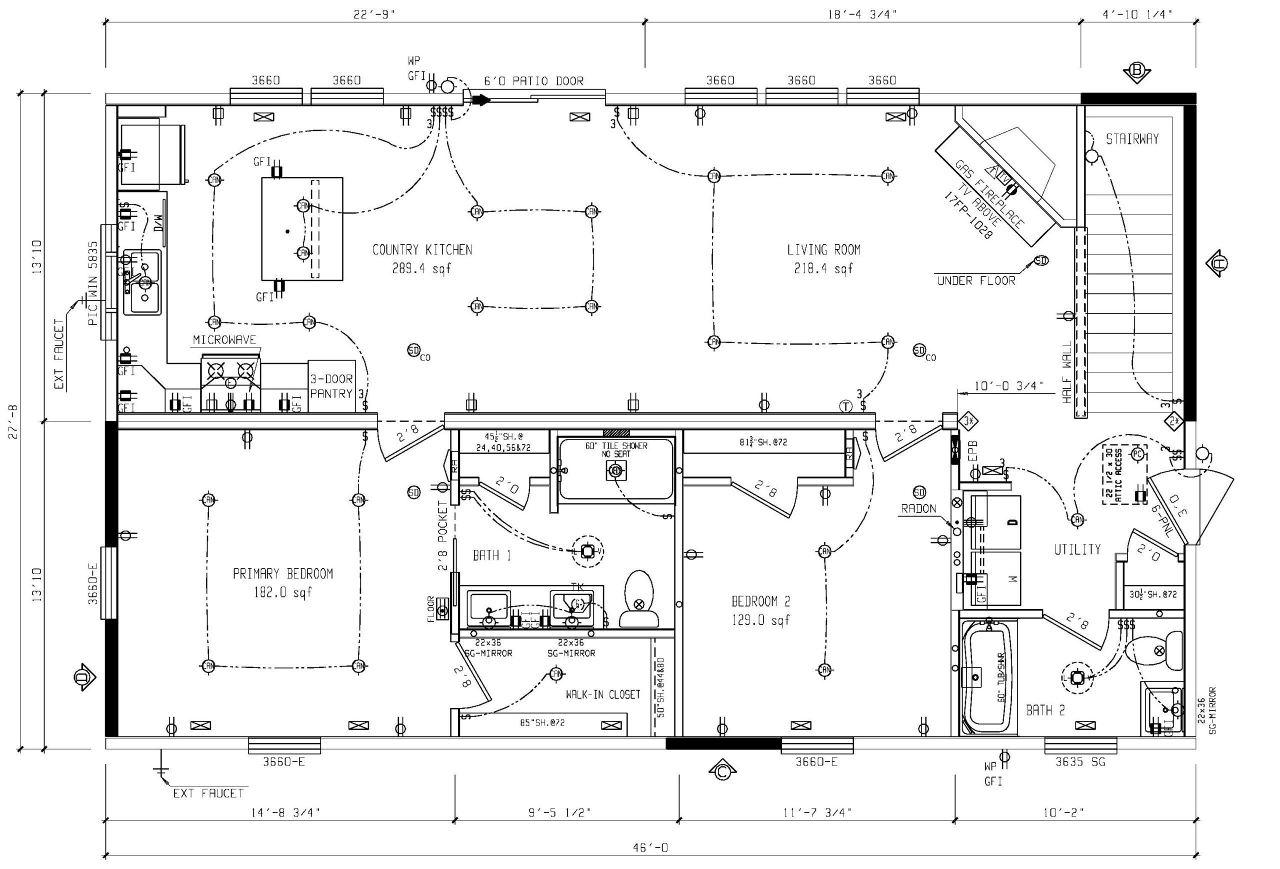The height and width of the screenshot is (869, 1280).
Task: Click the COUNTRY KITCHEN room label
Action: [422, 250]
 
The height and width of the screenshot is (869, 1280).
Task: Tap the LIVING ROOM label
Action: [823, 250]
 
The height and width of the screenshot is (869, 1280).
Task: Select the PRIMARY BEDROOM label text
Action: [282, 574]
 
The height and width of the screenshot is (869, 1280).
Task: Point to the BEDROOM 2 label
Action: [760, 601]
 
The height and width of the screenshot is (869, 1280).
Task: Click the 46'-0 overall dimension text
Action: [650, 847]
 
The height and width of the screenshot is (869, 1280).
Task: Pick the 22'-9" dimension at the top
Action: [374, 15]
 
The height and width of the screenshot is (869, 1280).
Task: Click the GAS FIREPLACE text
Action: [989, 194]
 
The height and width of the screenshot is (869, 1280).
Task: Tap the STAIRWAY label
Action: [1132, 139]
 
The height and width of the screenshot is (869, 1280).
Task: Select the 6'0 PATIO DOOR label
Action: [533, 81]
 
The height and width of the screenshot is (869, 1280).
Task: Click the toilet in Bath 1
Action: [639, 599]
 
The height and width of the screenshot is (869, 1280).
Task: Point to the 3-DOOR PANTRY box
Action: [331, 386]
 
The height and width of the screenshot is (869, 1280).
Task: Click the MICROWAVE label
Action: [224, 340]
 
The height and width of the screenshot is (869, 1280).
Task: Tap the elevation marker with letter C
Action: [722, 772]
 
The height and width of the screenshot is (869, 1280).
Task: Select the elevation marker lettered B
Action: [1136, 71]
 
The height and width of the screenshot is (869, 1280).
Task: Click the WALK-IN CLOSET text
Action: [602, 694]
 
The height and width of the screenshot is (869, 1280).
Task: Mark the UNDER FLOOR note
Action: [976, 281]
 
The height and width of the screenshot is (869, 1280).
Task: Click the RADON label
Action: [918, 509]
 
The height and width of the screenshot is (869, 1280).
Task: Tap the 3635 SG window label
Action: [1079, 762]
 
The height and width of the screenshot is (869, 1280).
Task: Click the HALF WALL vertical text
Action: [1067, 371]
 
